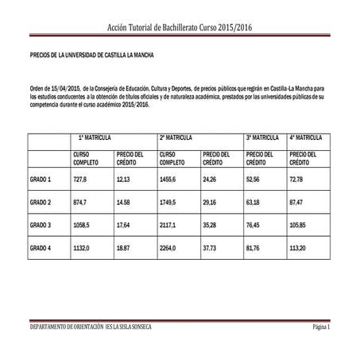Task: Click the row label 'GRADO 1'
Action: tap(41, 180)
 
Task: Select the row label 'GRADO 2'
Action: tap(41, 203)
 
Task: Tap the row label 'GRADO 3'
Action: tap(41, 225)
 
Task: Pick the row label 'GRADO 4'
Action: tap(41, 248)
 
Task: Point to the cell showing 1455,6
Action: tap(171, 180)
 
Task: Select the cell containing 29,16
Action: tap(210, 203)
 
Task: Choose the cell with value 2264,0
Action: tap(171, 248)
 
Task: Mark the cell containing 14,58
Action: tap(123, 203)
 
